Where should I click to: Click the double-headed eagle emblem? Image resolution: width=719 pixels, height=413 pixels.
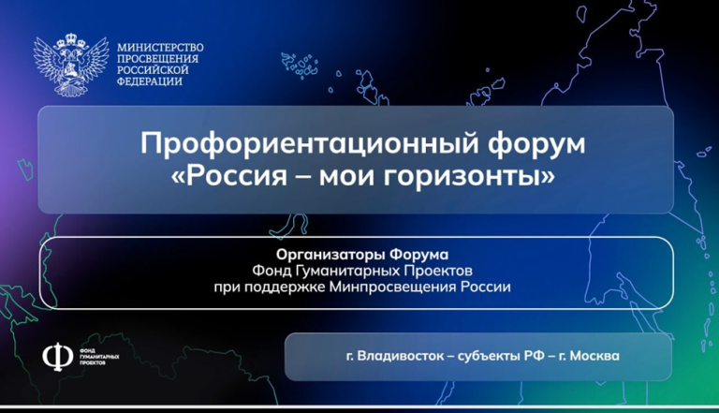pos(71,65)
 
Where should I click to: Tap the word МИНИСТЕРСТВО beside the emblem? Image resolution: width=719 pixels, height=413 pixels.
pos(160,48)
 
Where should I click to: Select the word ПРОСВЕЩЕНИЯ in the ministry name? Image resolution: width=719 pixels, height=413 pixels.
pos(157,59)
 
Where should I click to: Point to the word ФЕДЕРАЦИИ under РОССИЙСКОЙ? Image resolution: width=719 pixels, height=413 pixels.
pos(150,81)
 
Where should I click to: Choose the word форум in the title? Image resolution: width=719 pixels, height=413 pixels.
pos(536,144)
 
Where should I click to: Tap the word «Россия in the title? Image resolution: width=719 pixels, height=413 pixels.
pos(228,176)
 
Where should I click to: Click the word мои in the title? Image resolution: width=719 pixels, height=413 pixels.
pos(347,177)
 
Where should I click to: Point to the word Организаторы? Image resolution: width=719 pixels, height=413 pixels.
pos(330,255)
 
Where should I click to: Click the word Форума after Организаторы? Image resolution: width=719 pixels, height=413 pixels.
pos(418,254)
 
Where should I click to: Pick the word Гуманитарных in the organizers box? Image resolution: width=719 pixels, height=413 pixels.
pos(347,271)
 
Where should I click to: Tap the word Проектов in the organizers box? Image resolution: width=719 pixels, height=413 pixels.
pos(438,271)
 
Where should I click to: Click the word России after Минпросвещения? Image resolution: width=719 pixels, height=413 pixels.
pos(486,288)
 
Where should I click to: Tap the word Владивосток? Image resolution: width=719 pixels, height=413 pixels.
pos(401,356)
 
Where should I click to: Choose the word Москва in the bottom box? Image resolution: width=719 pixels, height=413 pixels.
pos(594,356)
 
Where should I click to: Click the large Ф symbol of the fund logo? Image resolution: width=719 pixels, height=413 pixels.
pos(58,357)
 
